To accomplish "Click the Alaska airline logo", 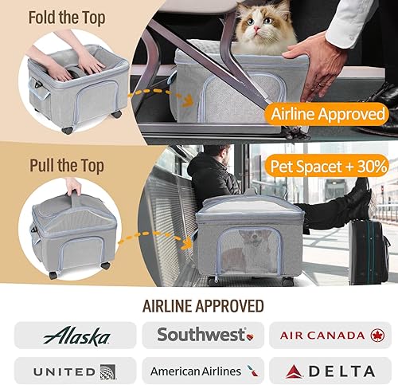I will (76, 335).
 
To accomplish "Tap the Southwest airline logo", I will (201, 335).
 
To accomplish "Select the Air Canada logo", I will (326, 335).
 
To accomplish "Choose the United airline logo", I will (76, 371).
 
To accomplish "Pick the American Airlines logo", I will (201, 371).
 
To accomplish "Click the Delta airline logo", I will (326, 371).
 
